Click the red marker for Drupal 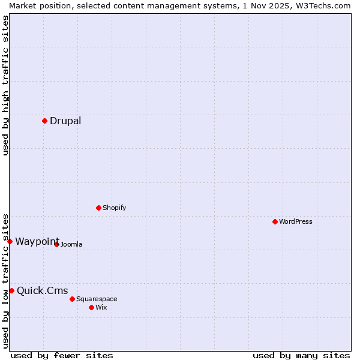(x=44, y=121)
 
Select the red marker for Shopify (x=98, y=208)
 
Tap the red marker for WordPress (x=275, y=221)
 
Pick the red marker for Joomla (x=56, y=244)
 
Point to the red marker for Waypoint (x=10, y=241)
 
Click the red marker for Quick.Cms (x=11, y=290)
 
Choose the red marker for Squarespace (x=72, y=299)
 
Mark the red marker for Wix (x=91, y=307)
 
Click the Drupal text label (x=65, y=121)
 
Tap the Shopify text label (x=114, y=208)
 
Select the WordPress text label (x=295, y=221)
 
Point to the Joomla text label (x=71, y=244)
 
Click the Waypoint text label (x=37, y=241)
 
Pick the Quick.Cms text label (x=42, y=291)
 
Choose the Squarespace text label (x=97, y=299)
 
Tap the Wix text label (x=101, y=307)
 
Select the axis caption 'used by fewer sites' (x=62, y=355)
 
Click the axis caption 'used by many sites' (x=301, y=355)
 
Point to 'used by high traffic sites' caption (x=5, y=85)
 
